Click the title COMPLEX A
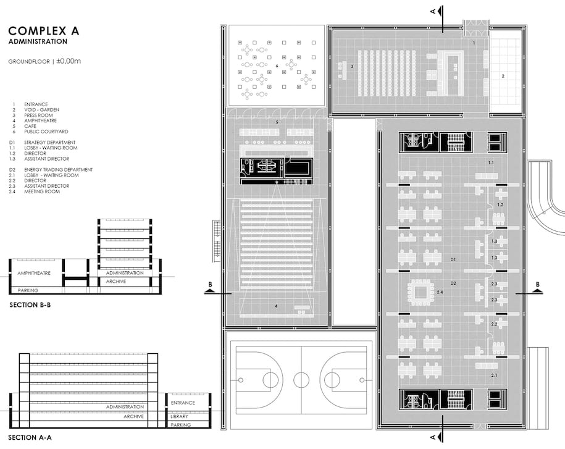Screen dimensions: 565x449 44,31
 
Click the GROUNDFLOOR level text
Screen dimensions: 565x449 29,62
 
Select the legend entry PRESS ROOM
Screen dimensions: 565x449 38,115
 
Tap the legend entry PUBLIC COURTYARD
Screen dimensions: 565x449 46,132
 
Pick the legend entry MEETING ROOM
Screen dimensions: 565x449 42,191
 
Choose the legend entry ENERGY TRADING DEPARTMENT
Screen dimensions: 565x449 59,169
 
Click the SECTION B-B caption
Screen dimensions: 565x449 30,305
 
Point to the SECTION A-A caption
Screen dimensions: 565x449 30,437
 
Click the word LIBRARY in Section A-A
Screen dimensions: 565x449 179,416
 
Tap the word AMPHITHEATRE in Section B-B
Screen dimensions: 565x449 34,273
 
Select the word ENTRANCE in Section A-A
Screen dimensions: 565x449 183,403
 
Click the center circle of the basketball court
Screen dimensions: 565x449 301,380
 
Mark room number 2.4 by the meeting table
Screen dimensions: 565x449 440,292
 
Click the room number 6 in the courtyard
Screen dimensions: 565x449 277,66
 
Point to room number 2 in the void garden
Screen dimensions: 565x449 503,76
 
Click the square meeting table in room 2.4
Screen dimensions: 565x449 420,293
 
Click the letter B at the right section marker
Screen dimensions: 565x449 538,284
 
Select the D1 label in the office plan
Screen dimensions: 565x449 453,259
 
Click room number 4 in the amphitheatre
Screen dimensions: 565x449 277,306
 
